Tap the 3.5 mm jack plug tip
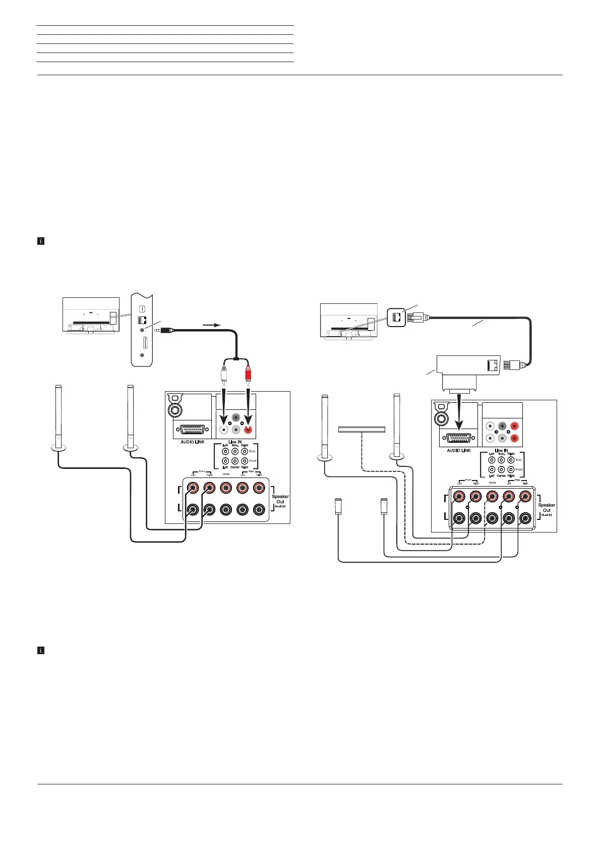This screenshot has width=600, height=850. pyautogui.click(x=159, y=330)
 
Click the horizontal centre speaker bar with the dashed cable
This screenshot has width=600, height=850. pyautogui.click(x=362, y=430)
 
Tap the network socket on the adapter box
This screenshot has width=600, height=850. pyautogui.click(x=493, y=365)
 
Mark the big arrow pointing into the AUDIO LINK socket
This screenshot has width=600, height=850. pyautogui.click(x=459, y=409)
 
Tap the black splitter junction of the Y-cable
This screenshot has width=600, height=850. pyautogui.click(x=235, y=359)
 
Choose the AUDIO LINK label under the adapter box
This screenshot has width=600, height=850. pyautogui.click(x=459, y=450)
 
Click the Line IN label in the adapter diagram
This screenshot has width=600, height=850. pyautogui.click(x=501, y=450)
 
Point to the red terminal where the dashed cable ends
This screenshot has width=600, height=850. pyautogui.click(x=492, y=497)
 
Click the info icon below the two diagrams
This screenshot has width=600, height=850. pyautogui.click(x=41, y=651)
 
